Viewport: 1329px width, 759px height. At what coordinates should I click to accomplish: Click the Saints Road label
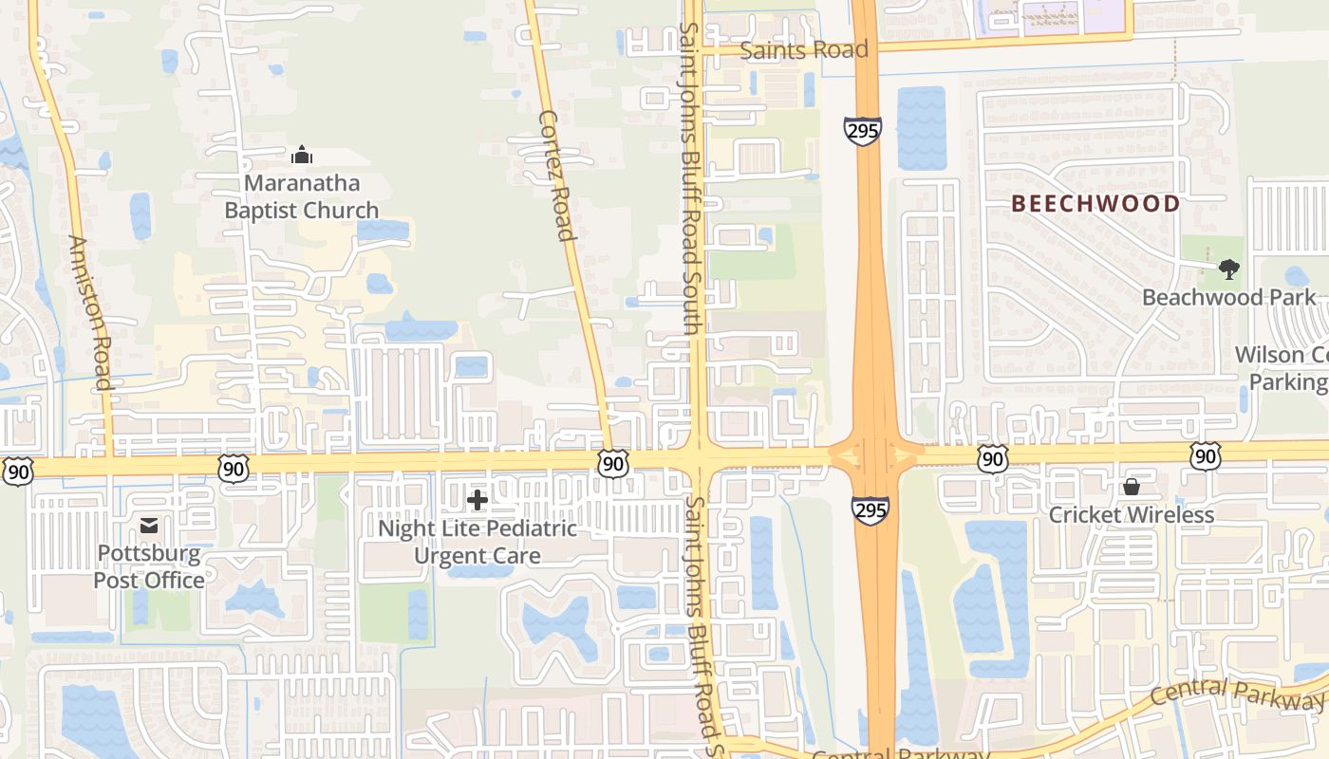click(x=803, y=50)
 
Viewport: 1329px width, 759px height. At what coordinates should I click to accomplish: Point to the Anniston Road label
click(x=91, y=313)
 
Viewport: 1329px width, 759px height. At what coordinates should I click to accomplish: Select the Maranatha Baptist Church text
click(x=301, y=196)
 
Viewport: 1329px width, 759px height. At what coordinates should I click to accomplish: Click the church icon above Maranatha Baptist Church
click(x=302, y=155)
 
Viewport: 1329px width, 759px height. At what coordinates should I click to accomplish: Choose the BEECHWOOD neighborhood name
click(x=1095, y=203)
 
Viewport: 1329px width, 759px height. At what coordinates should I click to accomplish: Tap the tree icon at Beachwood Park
click(x=1229, y=269)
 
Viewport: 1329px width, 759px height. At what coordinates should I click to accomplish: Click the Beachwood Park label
click(x=1229, y=298)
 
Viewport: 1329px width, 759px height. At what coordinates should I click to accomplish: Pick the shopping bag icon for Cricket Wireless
click(x=1131, y=487)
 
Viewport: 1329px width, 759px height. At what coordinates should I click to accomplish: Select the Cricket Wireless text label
click(x=1131, y=515)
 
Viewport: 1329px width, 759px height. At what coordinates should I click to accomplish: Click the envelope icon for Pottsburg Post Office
click(x=149, y=525)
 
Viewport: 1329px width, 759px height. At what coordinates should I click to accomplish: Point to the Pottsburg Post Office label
click(x=149, y=566)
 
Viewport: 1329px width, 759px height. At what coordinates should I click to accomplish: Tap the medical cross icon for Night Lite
click(x=477, y=499)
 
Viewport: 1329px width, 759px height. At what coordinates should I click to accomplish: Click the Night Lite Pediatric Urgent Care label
click(x=477, y=542)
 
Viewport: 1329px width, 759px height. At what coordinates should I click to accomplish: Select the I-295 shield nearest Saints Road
click(x=862, y=131)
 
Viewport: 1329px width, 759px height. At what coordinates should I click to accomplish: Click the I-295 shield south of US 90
click(x=870, y=510)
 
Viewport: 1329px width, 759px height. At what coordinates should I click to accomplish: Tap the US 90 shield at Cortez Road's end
click(x=613, y=464)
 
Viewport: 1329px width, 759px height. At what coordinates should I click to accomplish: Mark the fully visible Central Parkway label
click(x=1236, y=694)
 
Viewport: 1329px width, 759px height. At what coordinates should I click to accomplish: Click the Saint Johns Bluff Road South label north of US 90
click(x=691, y=177)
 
